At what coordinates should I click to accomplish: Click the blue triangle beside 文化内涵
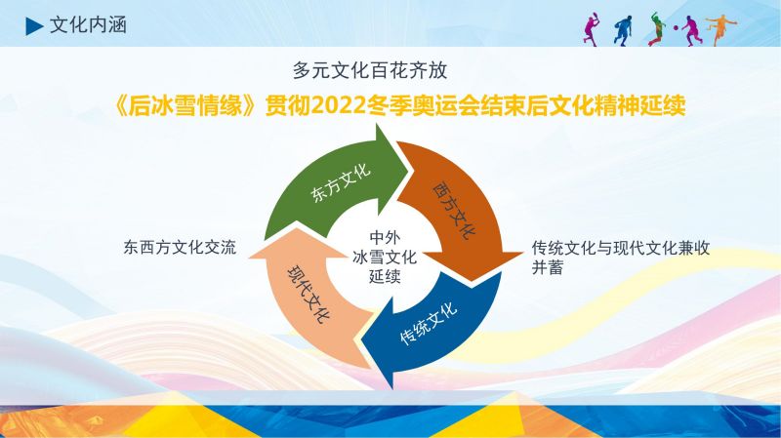click(34, 26)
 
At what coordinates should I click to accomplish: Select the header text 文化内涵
click(88, 25)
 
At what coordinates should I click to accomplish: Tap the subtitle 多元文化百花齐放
click(370, 70)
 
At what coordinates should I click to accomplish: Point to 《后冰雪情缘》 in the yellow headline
click(186, 105)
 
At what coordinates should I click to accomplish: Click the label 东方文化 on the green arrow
click(341, 182)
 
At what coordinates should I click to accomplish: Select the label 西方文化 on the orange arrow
click(454, 210)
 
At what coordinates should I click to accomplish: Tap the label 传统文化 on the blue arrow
click(429, 324)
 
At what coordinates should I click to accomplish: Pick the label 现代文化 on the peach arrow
click(308, 295)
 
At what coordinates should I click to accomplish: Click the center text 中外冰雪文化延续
click(385, 257)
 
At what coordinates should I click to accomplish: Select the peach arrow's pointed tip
click(297, 229)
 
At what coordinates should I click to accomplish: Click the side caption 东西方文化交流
click(180, 248)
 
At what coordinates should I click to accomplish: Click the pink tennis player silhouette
click(592, 30)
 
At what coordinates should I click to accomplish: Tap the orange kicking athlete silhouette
click(721, 29)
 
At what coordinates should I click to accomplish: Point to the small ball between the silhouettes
click(676, 28)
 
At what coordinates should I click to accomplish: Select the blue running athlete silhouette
click(623, 31)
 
